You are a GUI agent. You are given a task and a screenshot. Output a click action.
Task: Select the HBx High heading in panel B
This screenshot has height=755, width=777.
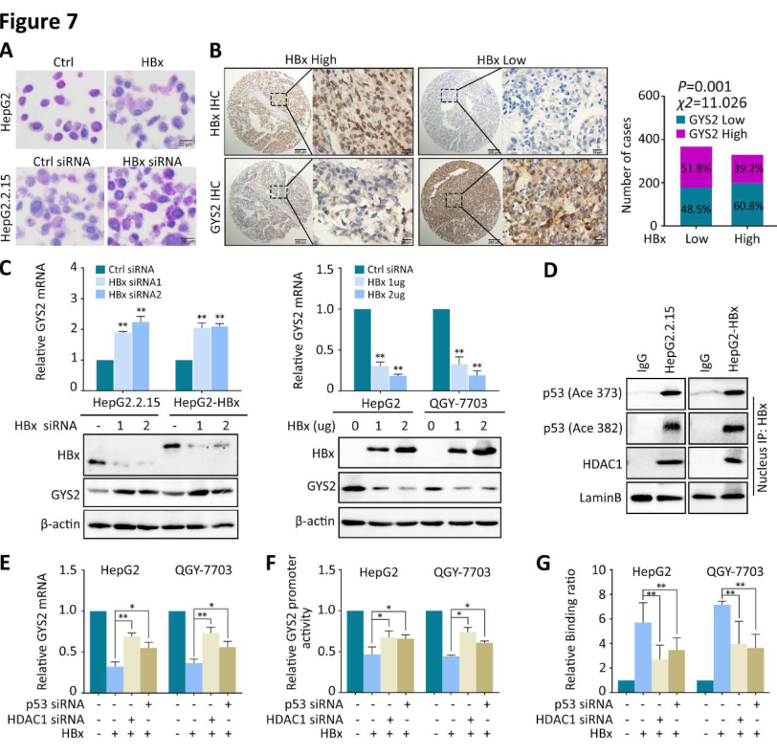point(316,59)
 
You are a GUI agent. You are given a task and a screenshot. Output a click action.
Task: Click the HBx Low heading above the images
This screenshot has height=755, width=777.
point(504,59)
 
